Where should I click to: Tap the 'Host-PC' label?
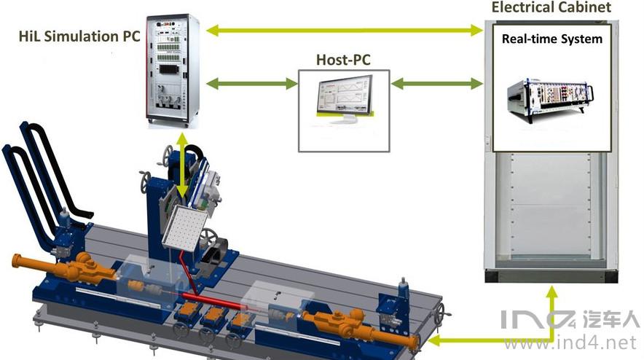(343, 59)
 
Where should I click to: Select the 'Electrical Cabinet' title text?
(551, 8)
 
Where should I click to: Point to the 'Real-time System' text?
(552, 39)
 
